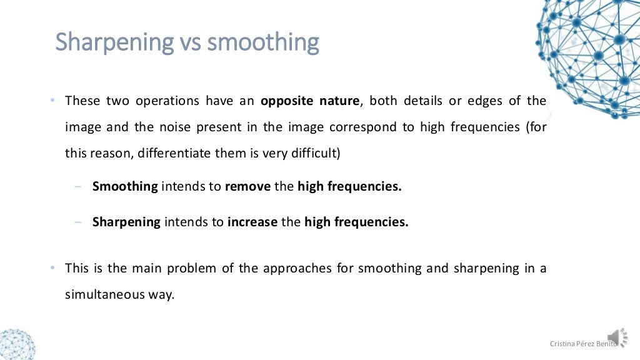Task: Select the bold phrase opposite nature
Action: (310, 101)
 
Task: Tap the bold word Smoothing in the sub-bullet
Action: (125, 186)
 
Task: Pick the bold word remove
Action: (247, 186)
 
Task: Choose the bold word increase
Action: (252, 222)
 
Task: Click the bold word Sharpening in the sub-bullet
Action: (126, 222)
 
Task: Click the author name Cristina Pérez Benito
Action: (582, 344)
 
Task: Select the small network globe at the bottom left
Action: (16, 344)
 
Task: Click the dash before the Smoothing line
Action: (77, 186)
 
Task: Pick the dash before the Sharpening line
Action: (77, 222)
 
